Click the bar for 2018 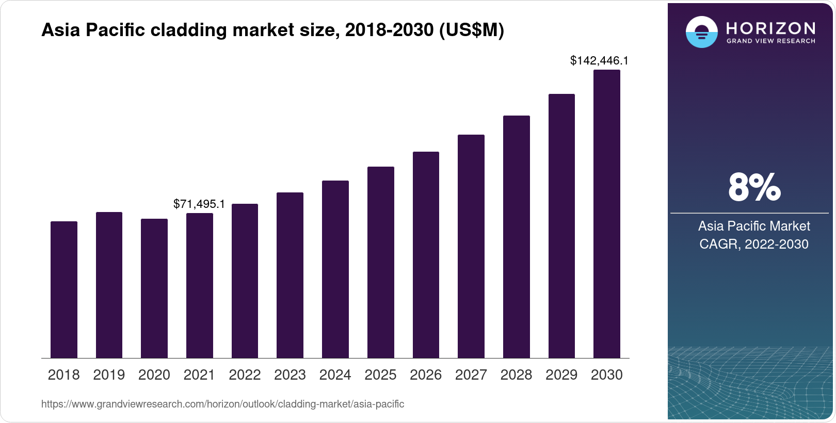(x=64, y=290)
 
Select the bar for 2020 (x=154, y=288)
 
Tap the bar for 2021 (x=199, y=286)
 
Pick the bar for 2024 (x=335, y=269)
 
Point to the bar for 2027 (x=471, y=247)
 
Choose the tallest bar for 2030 (x=606, y=214)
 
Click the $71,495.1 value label (x=199, y=204)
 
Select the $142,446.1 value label (x=599, y=61)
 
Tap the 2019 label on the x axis (x=109, y=375)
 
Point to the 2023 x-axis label (x=290, y=375)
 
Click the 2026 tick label (x=426, y=375)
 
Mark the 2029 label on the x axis (x=561, y=375)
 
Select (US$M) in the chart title (x=471, y=30)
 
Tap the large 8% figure (x=754, y=188)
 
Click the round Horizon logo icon (x=701, y=32)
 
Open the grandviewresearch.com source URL (x=222, y=404)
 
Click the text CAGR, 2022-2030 (x=753, y=244)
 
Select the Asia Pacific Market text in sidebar (x=754, y=226)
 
